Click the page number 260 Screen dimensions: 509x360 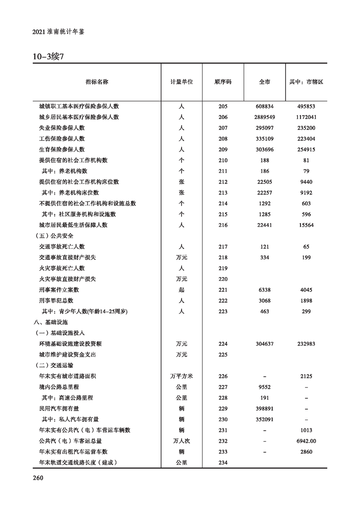[x=38, y=477]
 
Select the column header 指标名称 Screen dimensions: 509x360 [x=97, y=82]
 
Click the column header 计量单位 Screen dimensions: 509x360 [x=182, y=82]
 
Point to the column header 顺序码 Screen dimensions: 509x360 [x=223, y=82]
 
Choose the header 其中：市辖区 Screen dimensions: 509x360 [x=306, y=82]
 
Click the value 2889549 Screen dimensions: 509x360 [x=264, y=117]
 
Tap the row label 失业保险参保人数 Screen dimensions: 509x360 [x=62, y=128]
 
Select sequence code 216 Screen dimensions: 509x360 [x=223, y=225]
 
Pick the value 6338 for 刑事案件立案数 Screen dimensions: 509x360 [x=264, y=289]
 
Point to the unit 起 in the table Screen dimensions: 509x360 [x=182, y=289]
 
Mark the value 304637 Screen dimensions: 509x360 [x=264, y=344]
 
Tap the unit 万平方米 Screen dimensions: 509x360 [x=182, y=376]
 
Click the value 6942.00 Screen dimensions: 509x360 [x=306, y=440]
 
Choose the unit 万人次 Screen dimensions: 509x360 [x=182, y=440]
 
